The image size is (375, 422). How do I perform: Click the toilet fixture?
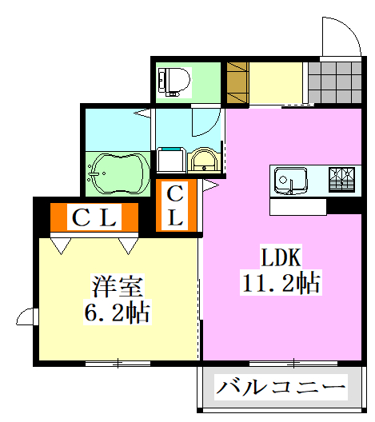[175, 80]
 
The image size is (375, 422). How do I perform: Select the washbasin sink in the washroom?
[204, 161]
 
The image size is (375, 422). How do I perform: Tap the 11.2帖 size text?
[281, 281]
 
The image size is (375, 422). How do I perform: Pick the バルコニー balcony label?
[281, 389]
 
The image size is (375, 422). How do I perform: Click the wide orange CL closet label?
[94, 217]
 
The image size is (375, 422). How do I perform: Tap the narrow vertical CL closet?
[176, 205]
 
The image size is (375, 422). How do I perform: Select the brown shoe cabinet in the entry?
[237, 82]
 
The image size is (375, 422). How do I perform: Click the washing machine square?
[170, 160]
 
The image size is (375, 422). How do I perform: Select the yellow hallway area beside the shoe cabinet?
[277, 82]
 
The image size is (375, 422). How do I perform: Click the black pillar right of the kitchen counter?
[345, 206]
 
